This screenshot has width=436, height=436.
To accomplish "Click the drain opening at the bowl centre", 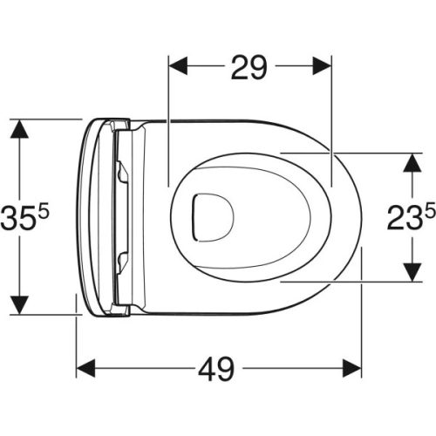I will [208, 214].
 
